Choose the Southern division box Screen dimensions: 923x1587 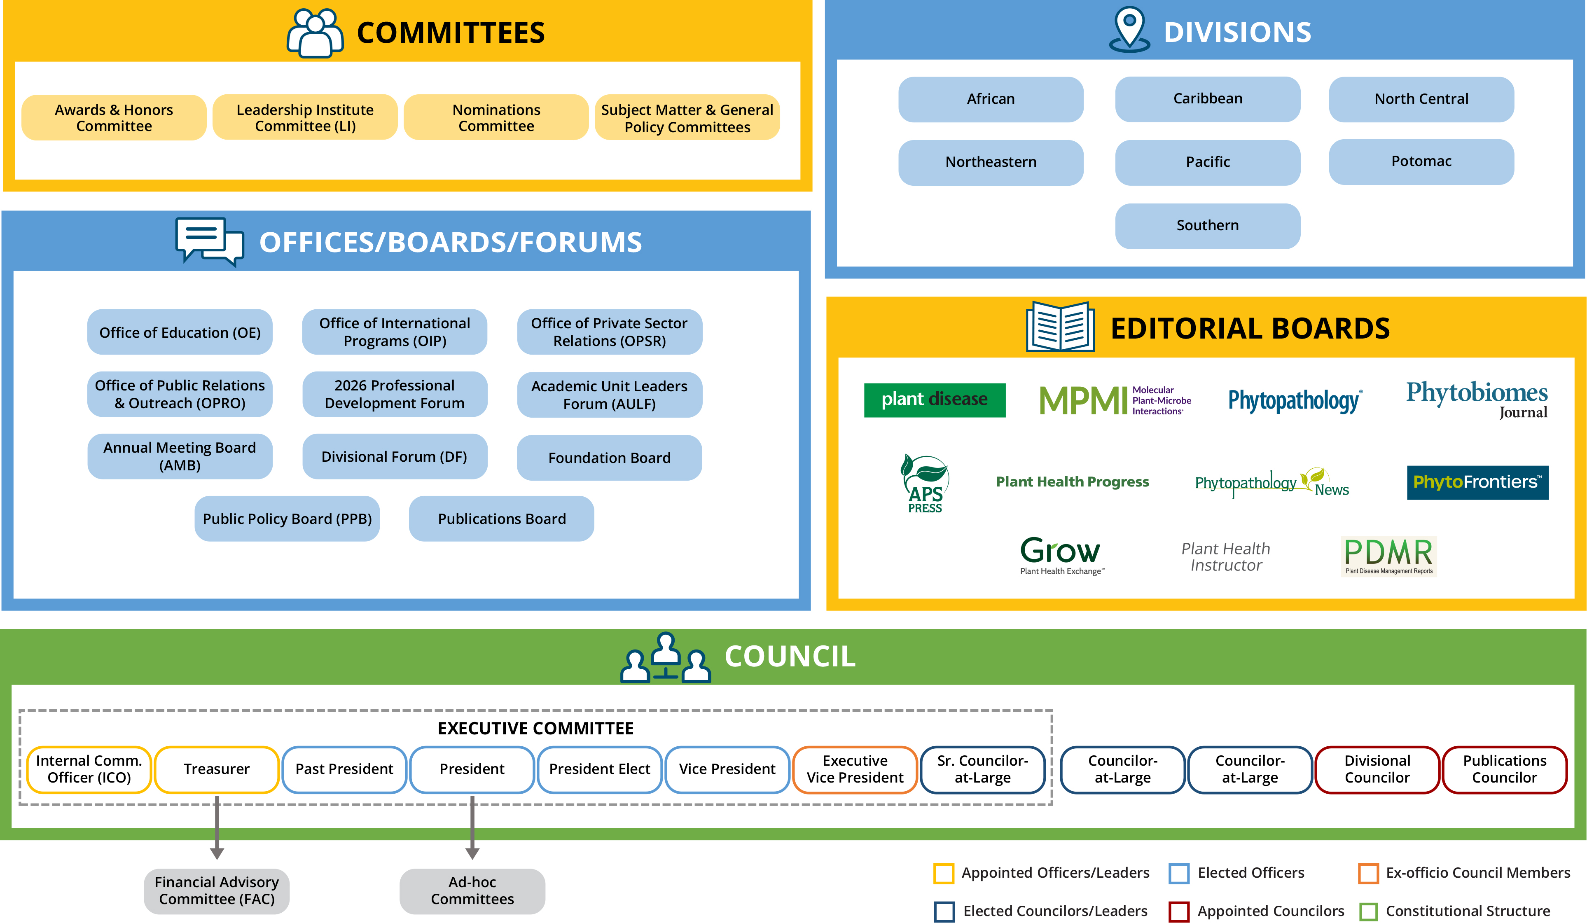[1207, 225]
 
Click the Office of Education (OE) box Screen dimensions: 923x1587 [180, 332]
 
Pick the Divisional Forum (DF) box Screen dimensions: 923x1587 [394, 456]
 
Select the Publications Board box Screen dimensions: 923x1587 [501, 519]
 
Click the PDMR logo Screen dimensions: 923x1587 [1388, 556]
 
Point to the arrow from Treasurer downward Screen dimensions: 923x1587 [217, 827]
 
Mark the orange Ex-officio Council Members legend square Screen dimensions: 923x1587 [1368, 873]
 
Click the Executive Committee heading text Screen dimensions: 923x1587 [535, 729]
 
